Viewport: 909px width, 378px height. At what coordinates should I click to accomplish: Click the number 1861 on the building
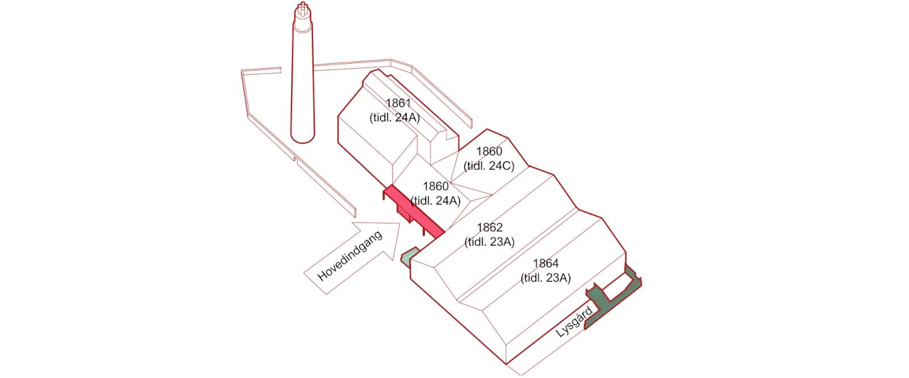398,103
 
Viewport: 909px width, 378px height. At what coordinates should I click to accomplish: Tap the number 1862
490,227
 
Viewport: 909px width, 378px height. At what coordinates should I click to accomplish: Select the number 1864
546,264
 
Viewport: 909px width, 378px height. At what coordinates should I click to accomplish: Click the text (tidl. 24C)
489,166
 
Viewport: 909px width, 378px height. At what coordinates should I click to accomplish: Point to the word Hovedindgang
349,256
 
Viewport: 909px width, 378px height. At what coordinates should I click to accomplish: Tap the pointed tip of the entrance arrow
400,223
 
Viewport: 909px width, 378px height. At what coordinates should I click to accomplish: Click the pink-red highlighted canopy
414,211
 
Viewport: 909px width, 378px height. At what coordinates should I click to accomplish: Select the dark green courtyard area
613,298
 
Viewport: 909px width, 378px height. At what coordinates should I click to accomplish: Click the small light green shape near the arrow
409,256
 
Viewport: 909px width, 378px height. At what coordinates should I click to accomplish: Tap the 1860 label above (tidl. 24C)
489,151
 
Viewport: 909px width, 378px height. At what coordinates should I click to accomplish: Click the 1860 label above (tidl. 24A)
436,186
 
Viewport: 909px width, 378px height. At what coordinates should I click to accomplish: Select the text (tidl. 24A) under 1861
394,118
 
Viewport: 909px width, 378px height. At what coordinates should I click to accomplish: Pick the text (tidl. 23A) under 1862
489,242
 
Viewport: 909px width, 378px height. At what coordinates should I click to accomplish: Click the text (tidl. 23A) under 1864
546,278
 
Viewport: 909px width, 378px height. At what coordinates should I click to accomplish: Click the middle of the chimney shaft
303,77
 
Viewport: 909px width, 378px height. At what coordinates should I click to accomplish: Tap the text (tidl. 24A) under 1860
435,201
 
